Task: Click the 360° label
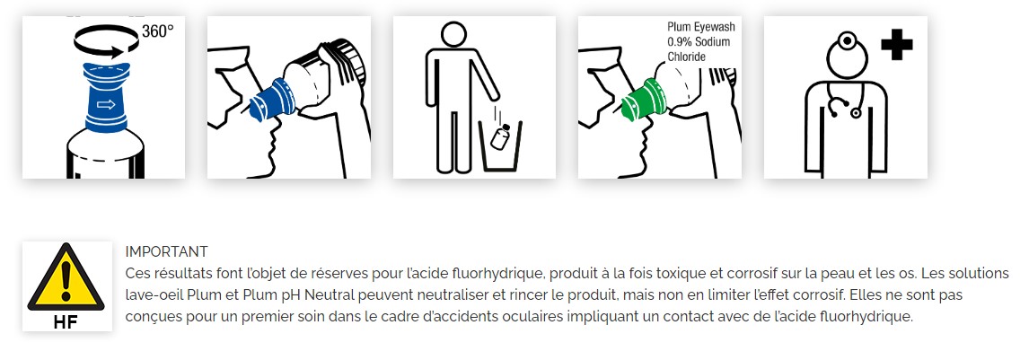(157, 32)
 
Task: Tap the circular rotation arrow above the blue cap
(106, 54)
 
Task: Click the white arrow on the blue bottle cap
(106, 104)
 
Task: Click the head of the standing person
(453, 35)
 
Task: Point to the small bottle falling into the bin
(500, 136)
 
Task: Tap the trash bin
(500, 145)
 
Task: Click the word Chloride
(686, 57)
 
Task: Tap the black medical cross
(896, 44)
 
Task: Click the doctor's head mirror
(848, 41)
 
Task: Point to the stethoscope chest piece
(856, 113)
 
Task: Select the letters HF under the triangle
(66, 321)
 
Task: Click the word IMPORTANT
(166, 251)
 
